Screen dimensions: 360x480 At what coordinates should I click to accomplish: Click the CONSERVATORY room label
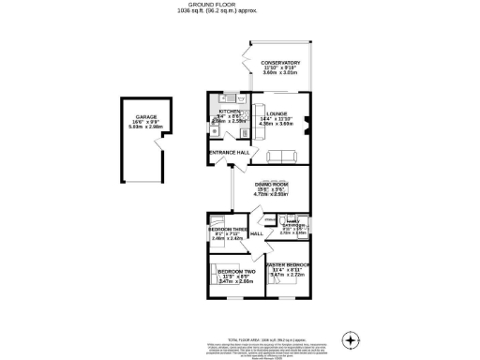280,63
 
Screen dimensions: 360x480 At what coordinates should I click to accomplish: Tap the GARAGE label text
132,117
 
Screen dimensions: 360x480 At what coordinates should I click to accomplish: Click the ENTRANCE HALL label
229,152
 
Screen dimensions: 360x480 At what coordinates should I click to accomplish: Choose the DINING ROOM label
271,184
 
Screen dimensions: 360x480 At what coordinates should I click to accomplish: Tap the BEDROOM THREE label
228,230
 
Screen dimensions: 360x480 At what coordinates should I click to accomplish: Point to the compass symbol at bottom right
351,337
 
